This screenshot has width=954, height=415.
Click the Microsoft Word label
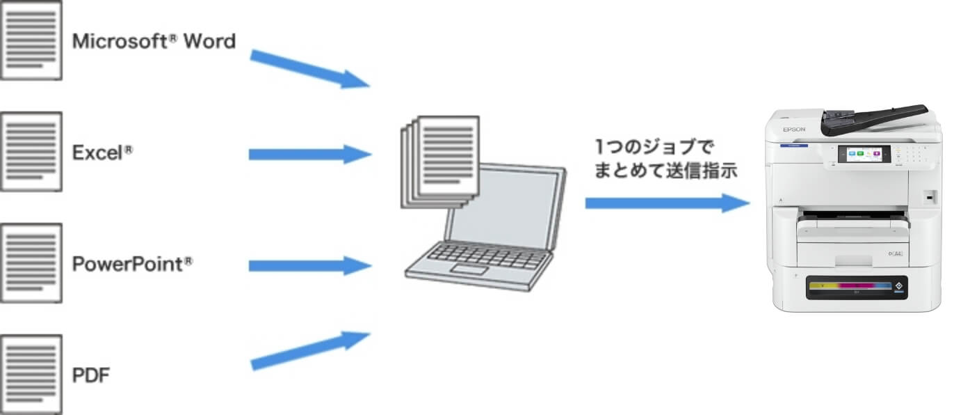154,42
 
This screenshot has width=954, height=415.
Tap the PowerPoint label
132,265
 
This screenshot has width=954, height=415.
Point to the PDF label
91,376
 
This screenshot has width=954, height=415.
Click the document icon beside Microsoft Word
31,40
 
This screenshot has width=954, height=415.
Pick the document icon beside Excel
31,152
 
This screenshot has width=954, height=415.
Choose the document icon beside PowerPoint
31,263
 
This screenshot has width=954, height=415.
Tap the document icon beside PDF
31,375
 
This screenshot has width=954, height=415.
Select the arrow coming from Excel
309,154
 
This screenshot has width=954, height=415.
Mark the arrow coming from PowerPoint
309,265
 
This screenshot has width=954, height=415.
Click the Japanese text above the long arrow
664,159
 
